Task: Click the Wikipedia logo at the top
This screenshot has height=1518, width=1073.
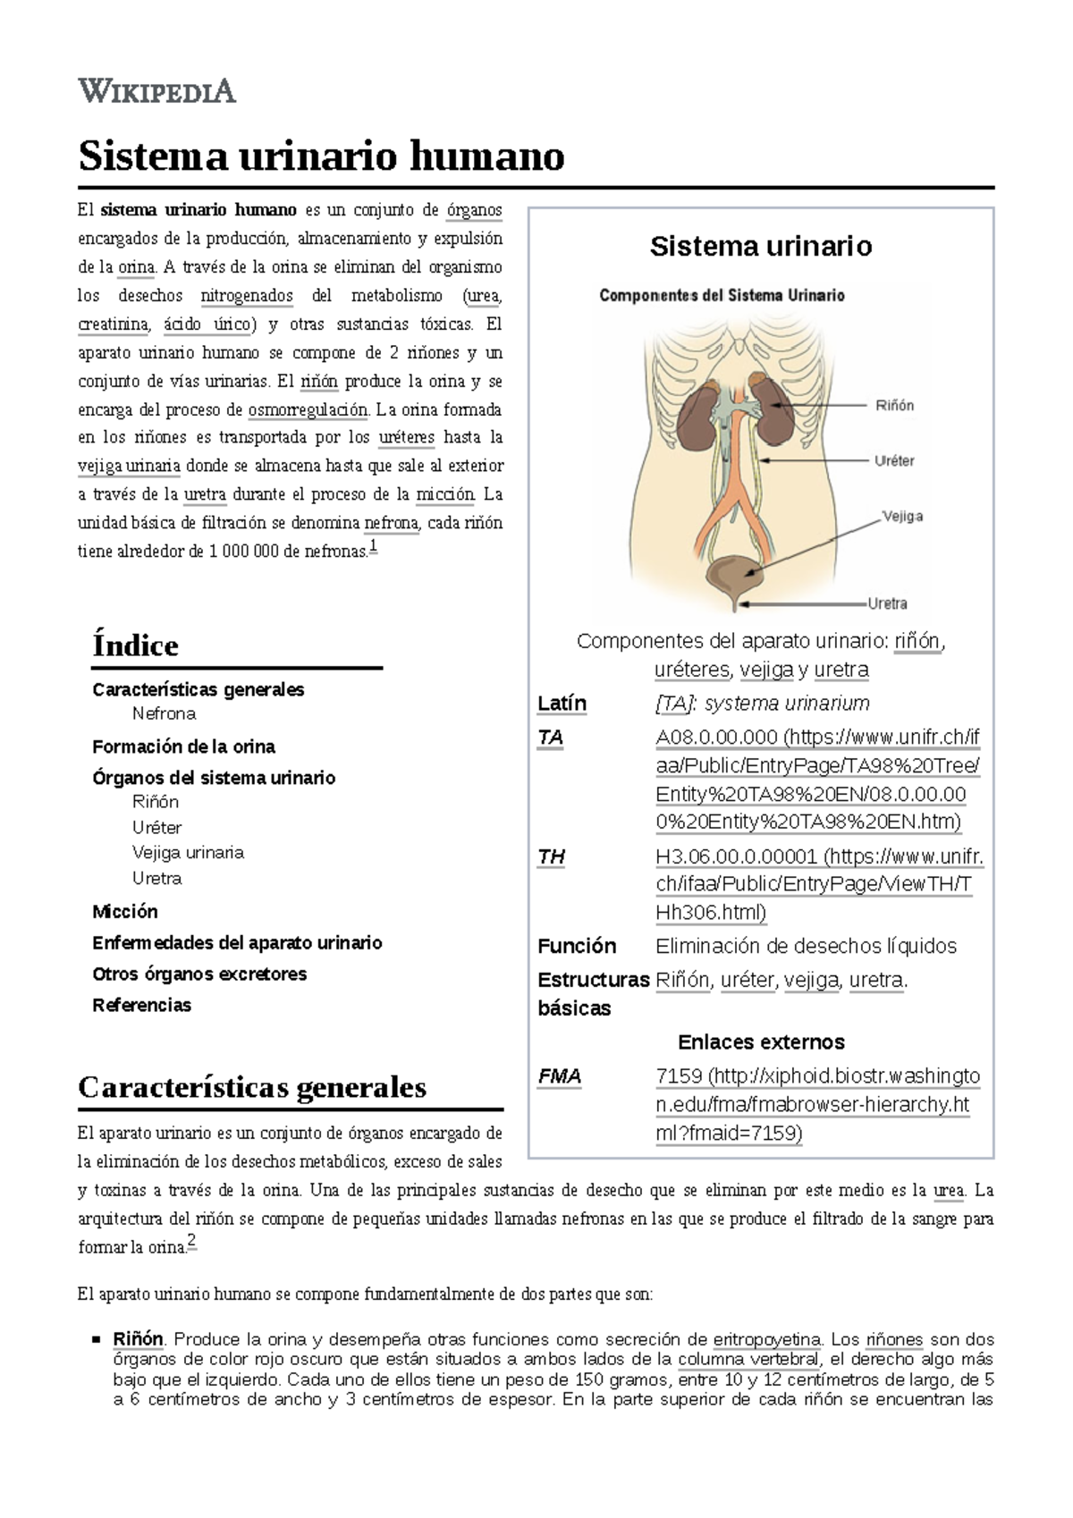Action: pos(157,90)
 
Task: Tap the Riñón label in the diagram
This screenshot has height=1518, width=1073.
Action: pos(893,405)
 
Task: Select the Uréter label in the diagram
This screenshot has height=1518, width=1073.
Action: pos(893,460)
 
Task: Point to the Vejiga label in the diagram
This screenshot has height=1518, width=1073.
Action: pos(902,516)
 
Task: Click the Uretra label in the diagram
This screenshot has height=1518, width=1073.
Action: pos(887,603)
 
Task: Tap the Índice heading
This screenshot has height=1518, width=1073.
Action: pos(135,645)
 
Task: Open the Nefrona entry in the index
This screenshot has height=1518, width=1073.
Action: pos(164,713)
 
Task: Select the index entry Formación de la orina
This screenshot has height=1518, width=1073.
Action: pos(183,746)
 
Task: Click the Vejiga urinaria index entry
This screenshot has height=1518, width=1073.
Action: pos(188,852)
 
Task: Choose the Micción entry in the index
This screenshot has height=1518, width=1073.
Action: pos(125,911)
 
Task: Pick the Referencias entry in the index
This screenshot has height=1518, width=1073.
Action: pos(141,1005)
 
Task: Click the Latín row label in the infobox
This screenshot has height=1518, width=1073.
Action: pos(562,704)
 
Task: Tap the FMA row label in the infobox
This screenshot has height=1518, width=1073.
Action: pos(560,1076)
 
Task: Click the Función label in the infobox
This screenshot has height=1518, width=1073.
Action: pos(577,946)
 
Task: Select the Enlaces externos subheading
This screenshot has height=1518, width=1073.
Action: pos(761,1042)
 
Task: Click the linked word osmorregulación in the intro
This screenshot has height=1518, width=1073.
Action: pos(308,409)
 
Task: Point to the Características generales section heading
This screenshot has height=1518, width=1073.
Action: pos(252,1087)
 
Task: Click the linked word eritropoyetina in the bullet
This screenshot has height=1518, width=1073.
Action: pos(766,1339)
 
